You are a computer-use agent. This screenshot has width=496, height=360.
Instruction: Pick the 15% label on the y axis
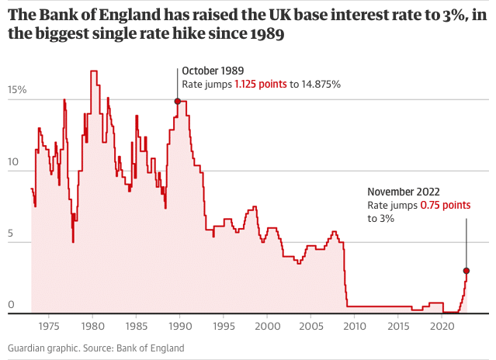click(x=17, y=90)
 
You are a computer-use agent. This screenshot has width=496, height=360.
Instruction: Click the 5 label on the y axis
click(x=11, y=236)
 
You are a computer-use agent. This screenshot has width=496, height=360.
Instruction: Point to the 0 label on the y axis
click(x=11, y=306)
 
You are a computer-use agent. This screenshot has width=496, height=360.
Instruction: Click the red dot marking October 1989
click(x=178, y=101)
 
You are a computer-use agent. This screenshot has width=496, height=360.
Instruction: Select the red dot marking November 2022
click(x=467, y=271)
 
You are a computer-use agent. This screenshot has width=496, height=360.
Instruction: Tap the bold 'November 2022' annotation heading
click(x=404, y=192)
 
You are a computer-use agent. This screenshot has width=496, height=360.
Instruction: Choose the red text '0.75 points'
click(x=445, y=206)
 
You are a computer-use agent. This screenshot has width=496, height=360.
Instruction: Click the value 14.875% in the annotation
click(x=321, y=84)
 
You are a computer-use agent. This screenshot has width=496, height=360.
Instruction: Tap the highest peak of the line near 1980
click(x=94, y=71)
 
